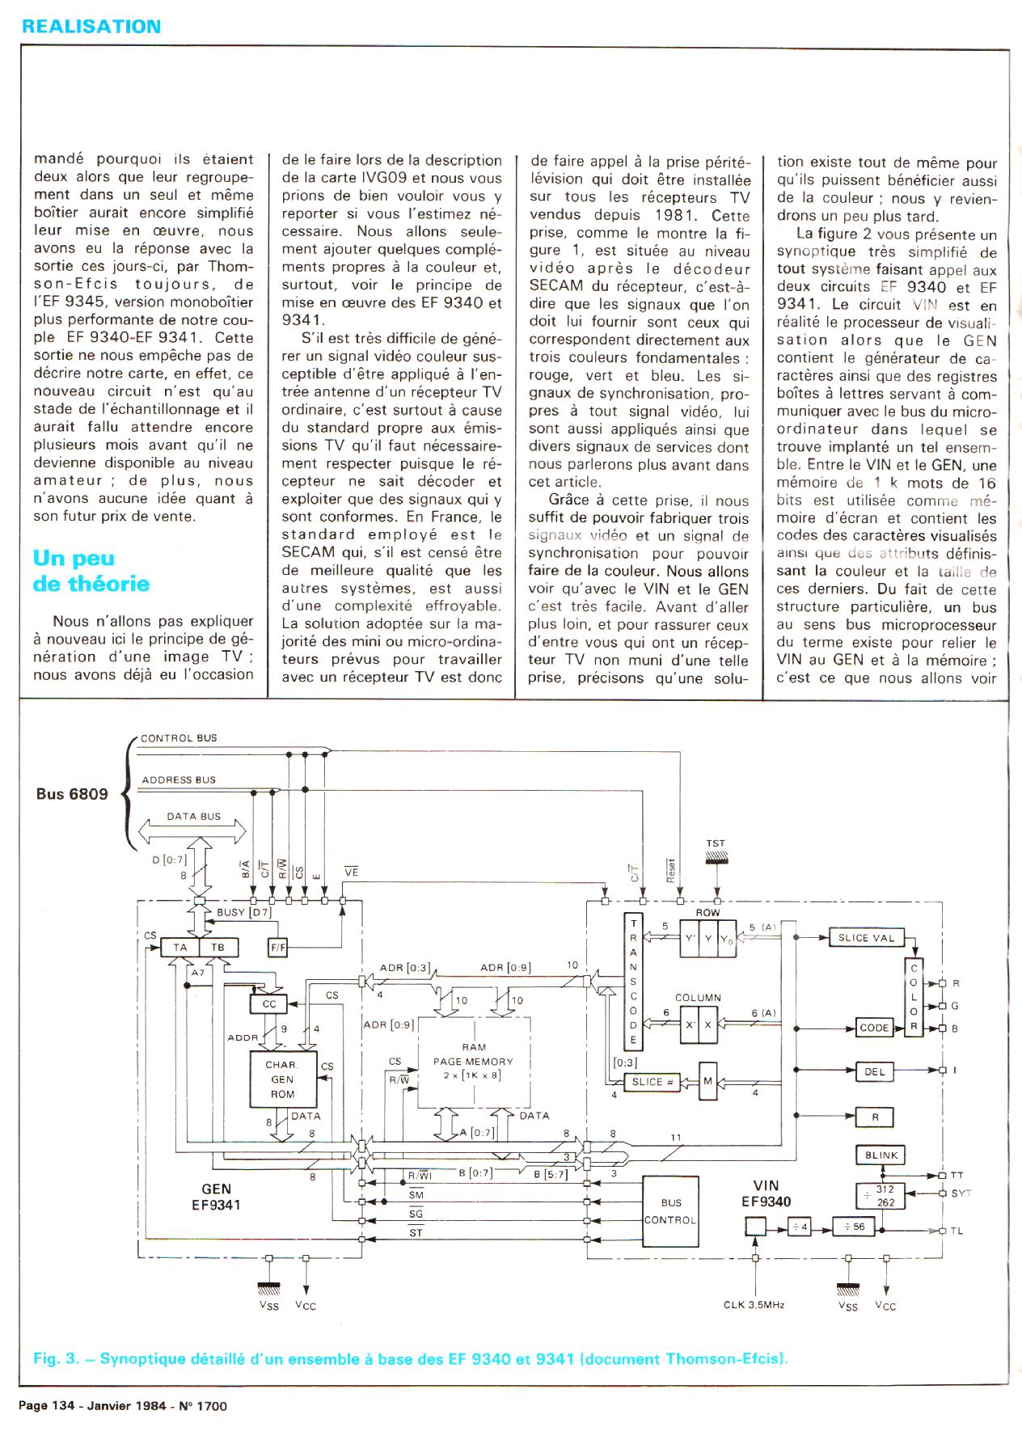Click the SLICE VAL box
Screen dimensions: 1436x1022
pos(865,938)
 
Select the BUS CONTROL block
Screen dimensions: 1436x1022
pos(670,1211)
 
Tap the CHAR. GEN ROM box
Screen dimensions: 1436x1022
pos(282,1079)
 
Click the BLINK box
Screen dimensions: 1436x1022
pos(881,1155)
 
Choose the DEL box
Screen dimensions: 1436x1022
pos(875,1071)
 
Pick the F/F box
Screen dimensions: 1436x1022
pos(277,948)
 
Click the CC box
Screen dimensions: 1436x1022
pos(269,1003)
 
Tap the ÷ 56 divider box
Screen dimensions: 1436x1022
pos(854,1227)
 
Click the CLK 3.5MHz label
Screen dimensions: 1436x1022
pos(754,1304)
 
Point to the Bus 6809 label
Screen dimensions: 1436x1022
pos(72,793)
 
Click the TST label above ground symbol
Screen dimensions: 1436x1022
pos(716,843)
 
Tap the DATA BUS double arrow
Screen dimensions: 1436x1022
pos(193,830)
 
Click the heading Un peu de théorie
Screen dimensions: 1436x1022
pos(91,571)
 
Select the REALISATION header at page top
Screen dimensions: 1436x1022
pos(91,26)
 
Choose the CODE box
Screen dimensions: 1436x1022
pos(874,1028)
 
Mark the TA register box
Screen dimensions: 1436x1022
pos(180,948)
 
